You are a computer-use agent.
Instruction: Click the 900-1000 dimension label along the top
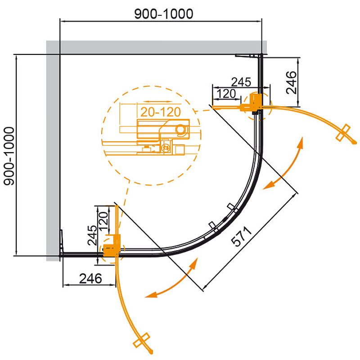coord(164,14)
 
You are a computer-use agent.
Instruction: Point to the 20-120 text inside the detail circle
coord(160,112)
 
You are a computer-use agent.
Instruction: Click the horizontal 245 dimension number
coord(240,81)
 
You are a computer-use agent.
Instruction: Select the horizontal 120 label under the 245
coord(226,94)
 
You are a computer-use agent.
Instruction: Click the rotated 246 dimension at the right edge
coord(292,82)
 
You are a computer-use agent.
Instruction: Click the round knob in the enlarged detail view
coord(182,130)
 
